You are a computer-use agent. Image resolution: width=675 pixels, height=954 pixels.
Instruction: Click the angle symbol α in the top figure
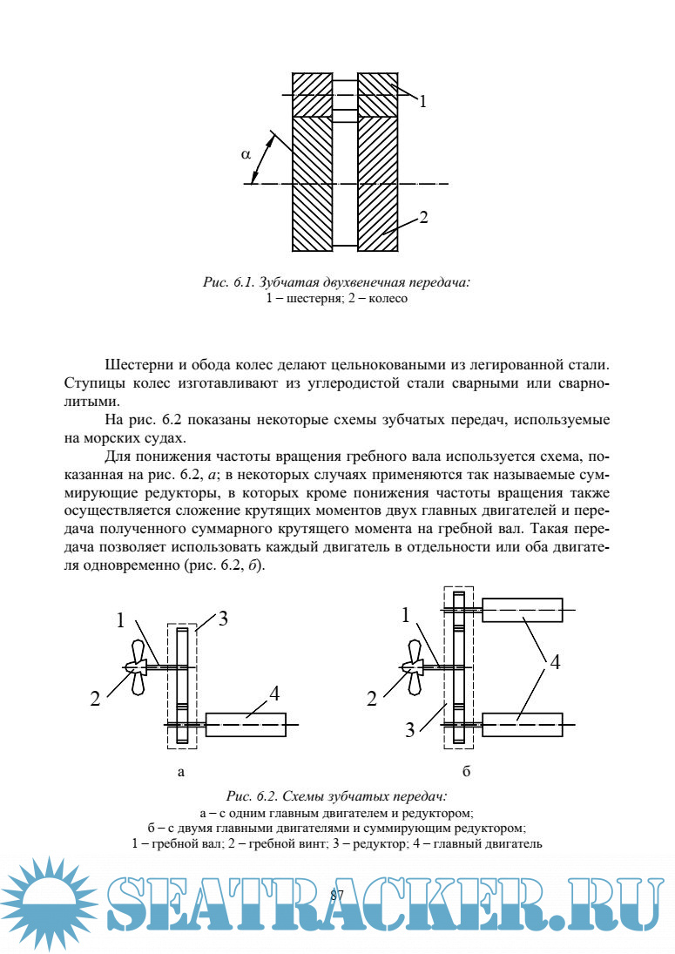(x=246, y=153)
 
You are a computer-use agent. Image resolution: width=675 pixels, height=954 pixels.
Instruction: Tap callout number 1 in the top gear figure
(x=422, y=101)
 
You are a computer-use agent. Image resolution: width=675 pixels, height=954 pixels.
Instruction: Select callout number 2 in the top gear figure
(x=422, y=218)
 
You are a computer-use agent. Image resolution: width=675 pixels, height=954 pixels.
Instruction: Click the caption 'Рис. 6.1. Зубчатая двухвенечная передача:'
(x=337, y=282)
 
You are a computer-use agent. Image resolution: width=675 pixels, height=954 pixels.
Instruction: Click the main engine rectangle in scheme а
(x=246, y=725)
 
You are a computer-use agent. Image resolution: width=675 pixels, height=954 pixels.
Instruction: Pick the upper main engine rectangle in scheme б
(x=522, y=610)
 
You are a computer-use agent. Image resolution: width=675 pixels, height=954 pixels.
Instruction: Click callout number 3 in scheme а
(x=223, y=619)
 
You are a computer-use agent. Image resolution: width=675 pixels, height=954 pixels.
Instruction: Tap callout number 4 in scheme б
(x=555, y=662)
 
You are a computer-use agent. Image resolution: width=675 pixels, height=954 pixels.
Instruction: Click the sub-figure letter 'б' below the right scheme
(x=467, y=771)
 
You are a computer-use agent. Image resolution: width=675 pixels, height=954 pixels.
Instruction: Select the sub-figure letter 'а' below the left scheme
(x=181, y=771)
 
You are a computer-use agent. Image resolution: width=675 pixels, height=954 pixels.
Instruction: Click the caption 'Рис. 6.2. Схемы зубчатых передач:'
(x=337, y=795)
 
